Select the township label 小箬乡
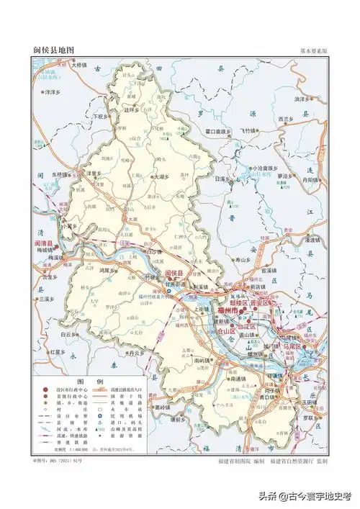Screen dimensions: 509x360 (69, 225)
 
